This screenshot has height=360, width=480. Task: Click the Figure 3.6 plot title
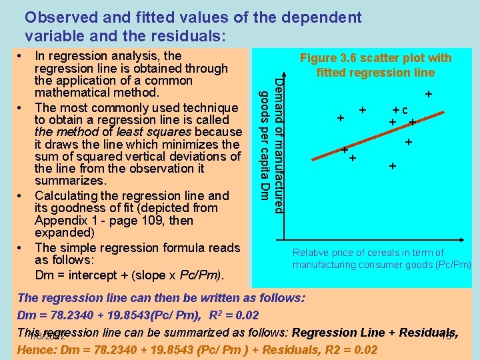click(x=375, y=65)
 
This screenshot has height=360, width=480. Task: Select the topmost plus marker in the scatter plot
click(x=429, y=95)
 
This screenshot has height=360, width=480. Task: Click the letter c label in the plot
click(x=405, y=110)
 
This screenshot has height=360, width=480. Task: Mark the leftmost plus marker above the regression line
click(x=341, y=118)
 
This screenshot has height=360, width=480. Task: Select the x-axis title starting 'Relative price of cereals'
click(x=381, y=259)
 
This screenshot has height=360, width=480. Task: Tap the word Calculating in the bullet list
click(x=69, y=196)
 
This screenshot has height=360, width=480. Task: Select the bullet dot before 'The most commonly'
click(x=21, y=107)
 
